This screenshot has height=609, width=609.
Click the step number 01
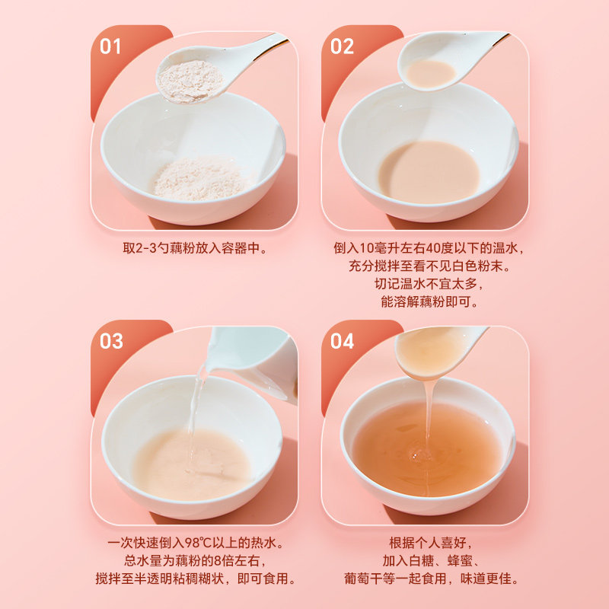pos(111,46)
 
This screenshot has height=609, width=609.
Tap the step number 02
pos(342,46)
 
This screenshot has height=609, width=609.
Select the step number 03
pos(111,341)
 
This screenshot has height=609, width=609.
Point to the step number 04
pos(342,341)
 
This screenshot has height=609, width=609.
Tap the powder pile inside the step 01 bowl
pos(199,180)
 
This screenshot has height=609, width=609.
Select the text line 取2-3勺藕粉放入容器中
pos(195,248)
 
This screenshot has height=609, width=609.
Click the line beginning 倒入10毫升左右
pos(429,248)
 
